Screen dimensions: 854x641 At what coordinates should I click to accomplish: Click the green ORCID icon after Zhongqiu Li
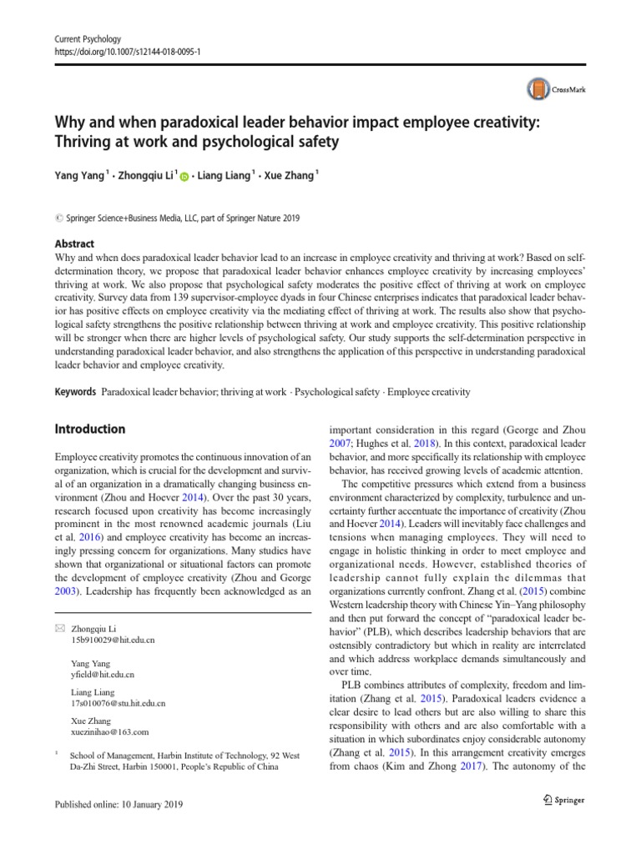click(x=184, y=177)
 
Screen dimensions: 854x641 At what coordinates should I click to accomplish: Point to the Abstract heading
click(x=73, y=244)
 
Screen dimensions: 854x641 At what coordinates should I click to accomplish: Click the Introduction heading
click(x=90, y=430)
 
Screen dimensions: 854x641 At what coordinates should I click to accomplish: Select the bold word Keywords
click(x=75, y=392)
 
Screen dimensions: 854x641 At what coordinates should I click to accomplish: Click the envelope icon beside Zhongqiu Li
click(x=59, y=627)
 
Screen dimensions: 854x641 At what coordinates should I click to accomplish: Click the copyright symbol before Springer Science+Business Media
click(x=58, y=219)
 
